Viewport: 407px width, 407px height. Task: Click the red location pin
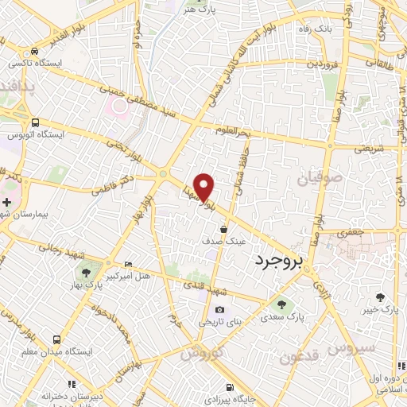[204, 186]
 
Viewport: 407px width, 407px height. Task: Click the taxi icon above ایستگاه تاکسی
[33, 49]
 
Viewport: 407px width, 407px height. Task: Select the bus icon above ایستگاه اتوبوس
[34, 122]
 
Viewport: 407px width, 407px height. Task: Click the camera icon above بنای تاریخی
[219, 310]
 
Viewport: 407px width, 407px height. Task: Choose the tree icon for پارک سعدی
[279, 303]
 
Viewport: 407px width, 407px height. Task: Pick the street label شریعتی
[372, 147]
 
